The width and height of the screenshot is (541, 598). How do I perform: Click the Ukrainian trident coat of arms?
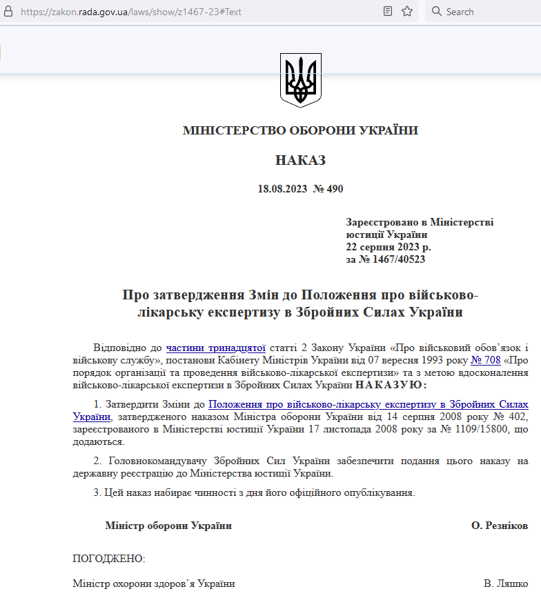coord(300,79)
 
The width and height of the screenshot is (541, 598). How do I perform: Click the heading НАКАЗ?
coord(300,161)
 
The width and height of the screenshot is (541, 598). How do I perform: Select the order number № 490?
coord(328,189)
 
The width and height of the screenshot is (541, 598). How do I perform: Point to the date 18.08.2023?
coord(282,189)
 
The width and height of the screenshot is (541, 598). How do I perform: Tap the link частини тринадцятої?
coord(216,348)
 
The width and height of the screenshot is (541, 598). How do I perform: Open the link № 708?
coord(485,359)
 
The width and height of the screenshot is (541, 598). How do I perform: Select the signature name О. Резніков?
coord(500,526)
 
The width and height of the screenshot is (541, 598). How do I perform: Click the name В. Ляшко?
coord(506,584)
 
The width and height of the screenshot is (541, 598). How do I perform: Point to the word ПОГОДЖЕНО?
coord(109,558)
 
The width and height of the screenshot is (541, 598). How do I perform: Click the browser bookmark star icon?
coord(407,11)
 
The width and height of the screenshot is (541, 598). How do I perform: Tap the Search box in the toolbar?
coord(483,12)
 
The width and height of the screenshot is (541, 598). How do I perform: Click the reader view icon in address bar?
coord(388,11)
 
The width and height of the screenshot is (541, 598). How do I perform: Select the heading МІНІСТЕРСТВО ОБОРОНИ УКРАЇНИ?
coord(300,130)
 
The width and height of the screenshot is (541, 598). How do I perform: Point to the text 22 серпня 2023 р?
coord(388,247)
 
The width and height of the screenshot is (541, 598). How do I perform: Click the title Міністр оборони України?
coord(168,526)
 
